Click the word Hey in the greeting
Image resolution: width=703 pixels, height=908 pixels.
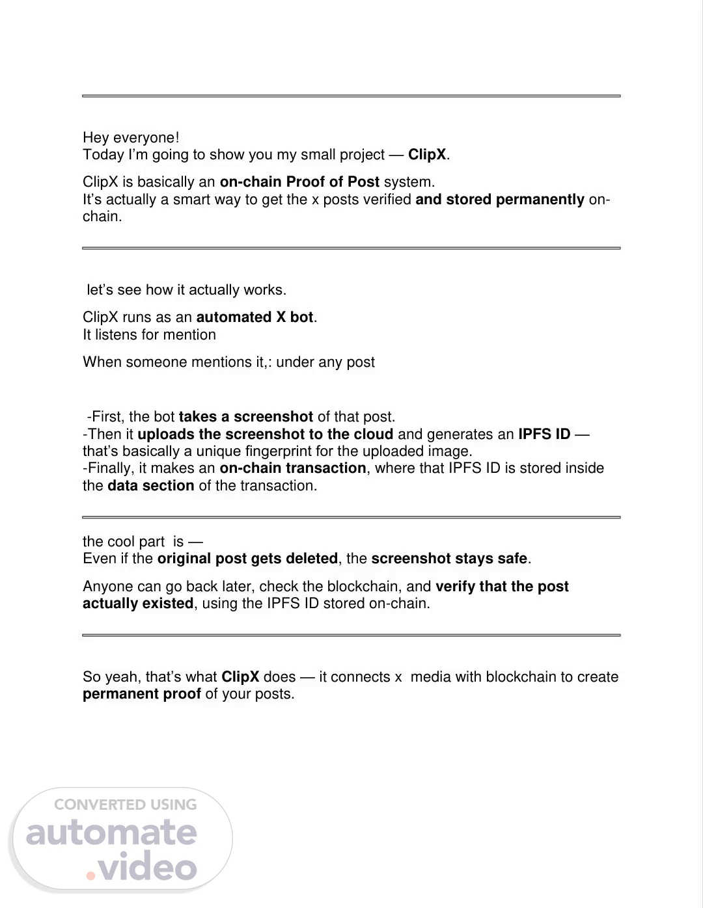[x=96, y=138]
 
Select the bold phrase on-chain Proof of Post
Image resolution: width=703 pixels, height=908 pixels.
[x=299, y=182]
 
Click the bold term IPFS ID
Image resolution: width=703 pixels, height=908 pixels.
[x=544, y=434]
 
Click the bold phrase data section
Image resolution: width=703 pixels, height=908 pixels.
[x=150, y=486]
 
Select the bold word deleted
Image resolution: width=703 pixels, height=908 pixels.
[x=314, y=559]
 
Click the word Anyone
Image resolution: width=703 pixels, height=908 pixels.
[x=105, y=587]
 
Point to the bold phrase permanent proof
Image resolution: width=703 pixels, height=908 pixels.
[x=142, y=694]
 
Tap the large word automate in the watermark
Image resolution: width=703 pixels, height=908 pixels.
[x=111, y=833]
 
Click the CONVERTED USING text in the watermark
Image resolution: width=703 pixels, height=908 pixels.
[x=125, y=805]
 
